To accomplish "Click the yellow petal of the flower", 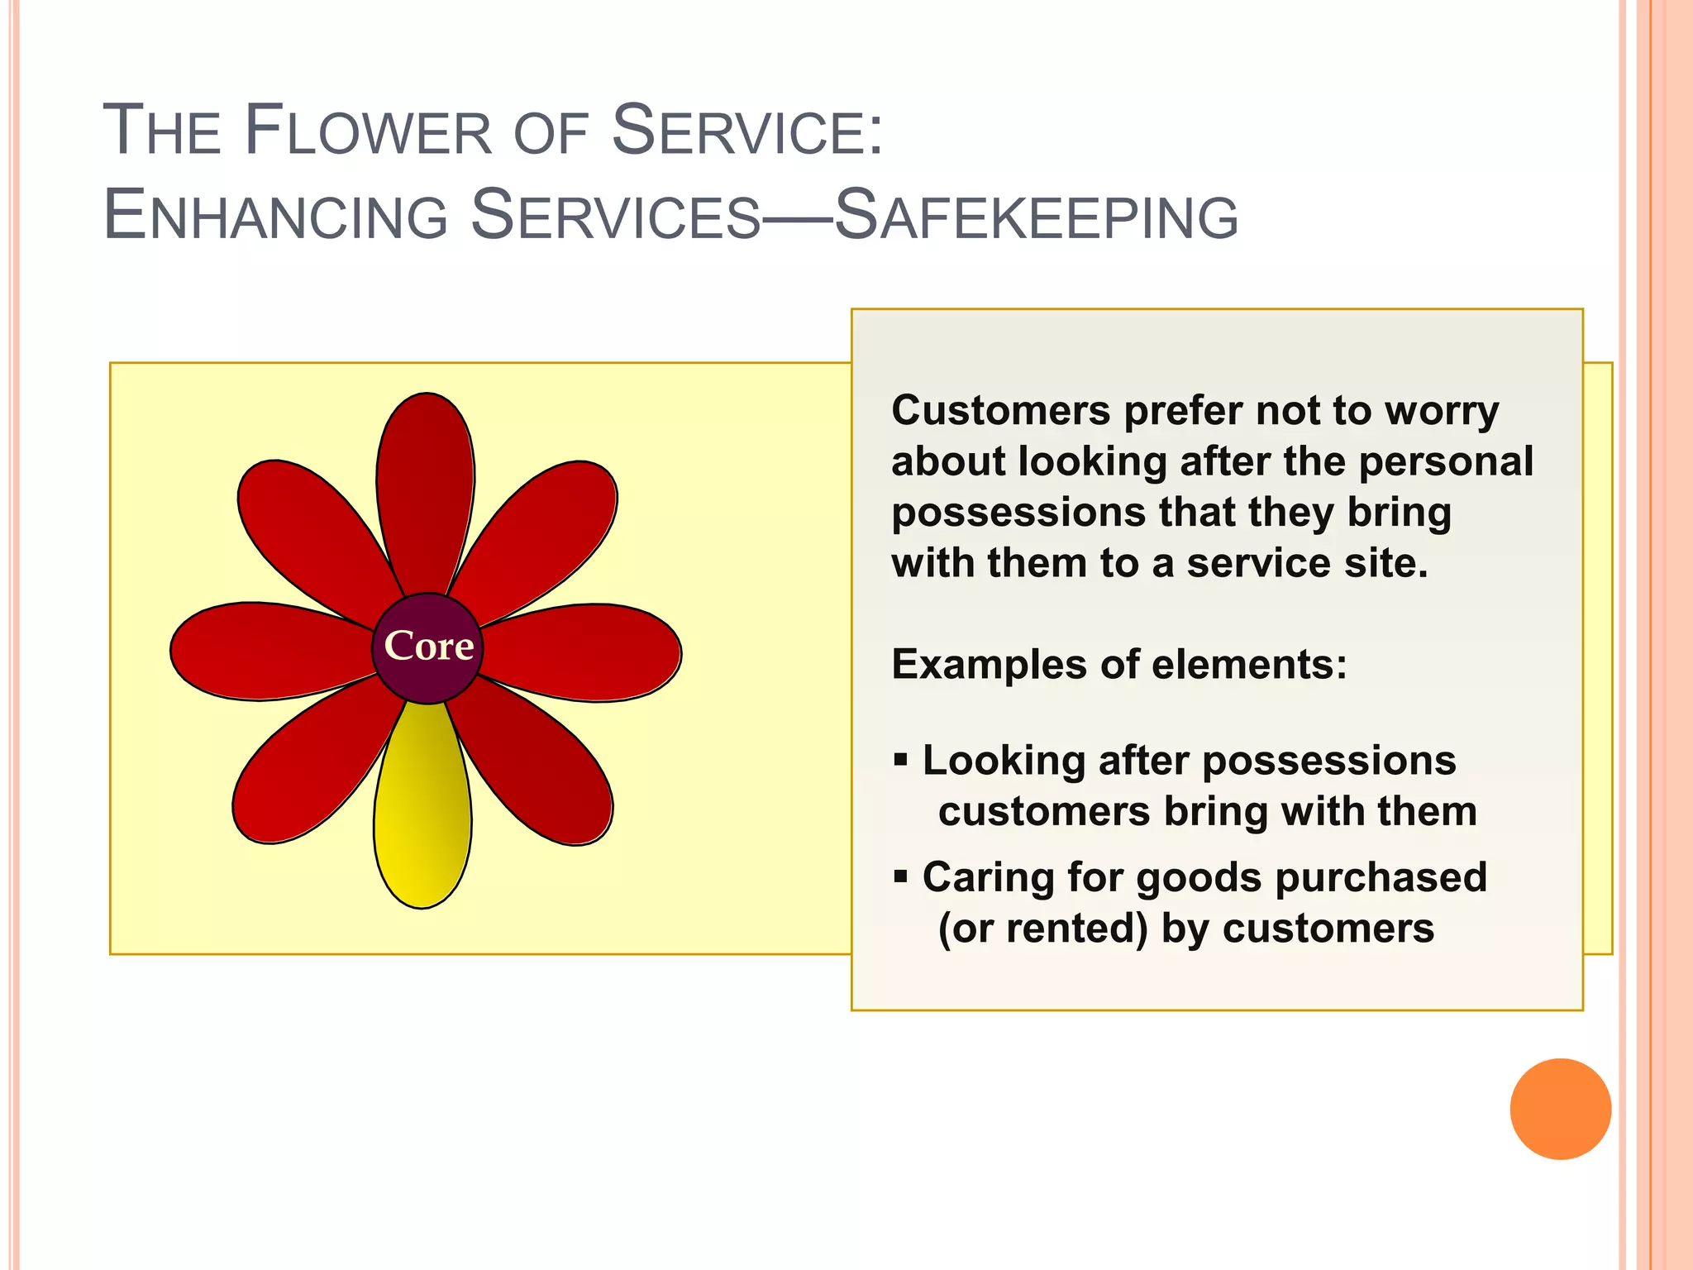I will pyautogui.click(x=422, y=819).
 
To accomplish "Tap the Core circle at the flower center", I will pyautogui.click(x=427, y=647).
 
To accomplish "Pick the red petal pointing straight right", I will pyautogui.click(x=591, y=652).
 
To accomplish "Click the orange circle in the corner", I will pyautogui.click(x=1560, y=1109).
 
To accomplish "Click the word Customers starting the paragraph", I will pyautogui.click(x=1000, y=410).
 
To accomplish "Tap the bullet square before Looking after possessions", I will pyautogui.click(x=901, y=758).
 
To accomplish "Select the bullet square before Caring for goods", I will pyautogui.click(x=901, y=875).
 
